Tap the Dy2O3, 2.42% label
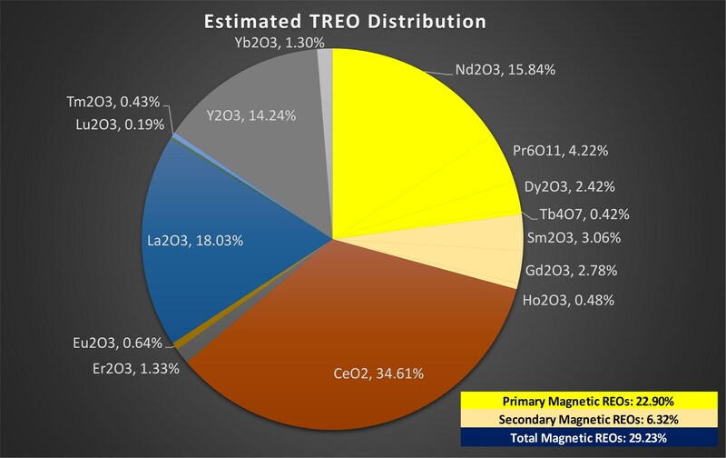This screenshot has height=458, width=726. tap(570, 186)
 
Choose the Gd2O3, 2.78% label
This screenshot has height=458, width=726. tap(565, 270)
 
